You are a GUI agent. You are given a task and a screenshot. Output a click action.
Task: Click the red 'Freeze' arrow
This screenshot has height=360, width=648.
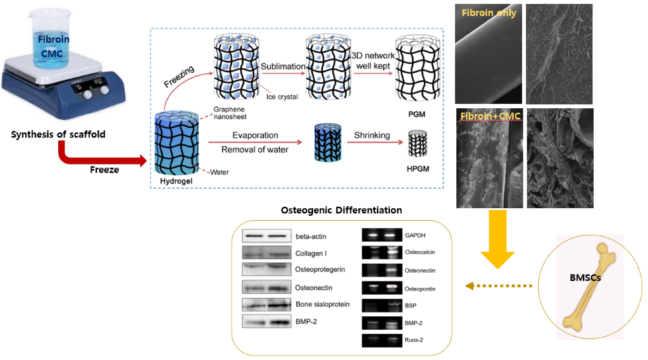95,156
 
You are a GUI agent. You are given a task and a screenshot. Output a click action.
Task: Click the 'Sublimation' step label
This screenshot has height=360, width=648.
283,66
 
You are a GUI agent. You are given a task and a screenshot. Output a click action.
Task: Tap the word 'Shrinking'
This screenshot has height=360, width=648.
371,135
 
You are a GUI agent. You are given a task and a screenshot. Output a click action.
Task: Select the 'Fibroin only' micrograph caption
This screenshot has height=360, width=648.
489,12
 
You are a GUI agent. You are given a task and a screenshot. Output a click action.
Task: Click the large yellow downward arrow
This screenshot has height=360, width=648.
497,244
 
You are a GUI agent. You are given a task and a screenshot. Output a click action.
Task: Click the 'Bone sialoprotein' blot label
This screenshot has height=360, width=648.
322,304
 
